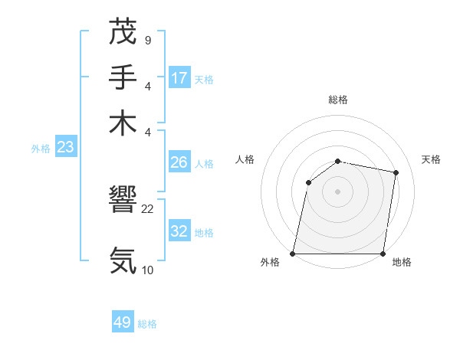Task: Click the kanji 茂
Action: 123,33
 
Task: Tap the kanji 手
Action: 123,77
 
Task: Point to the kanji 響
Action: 123,201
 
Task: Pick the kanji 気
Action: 123,260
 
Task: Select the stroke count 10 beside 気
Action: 148,270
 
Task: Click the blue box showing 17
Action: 179,78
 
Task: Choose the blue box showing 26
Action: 179,162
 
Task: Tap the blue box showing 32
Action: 179,231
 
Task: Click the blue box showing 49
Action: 123,322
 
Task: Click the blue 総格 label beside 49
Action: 147,324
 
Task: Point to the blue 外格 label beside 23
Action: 41,149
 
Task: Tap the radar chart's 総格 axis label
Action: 338,100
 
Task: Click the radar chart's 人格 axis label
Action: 245,159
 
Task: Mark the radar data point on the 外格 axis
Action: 293,254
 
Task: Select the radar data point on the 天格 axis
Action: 396,173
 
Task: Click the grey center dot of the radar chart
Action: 338,191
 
